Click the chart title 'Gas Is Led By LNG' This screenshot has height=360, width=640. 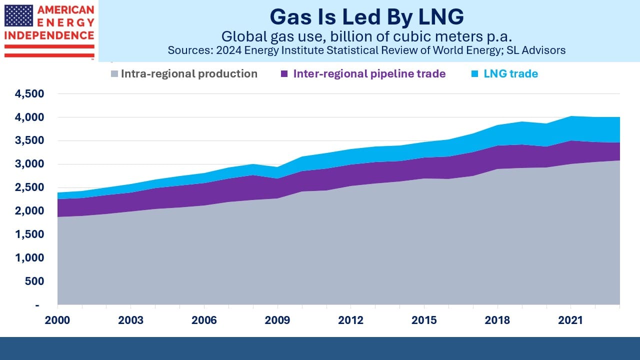point(366,17)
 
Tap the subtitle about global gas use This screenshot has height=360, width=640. point(366,37)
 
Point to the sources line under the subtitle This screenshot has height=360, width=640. point(366,50)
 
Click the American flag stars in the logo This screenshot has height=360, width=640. point(18,15)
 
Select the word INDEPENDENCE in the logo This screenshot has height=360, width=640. point(49,35)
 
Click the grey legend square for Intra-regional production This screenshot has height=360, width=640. point(114,73)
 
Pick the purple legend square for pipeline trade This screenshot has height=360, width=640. point(284,73)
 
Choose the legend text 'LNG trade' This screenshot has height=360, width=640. point(510,73)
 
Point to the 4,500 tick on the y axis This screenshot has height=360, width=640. point(29,93)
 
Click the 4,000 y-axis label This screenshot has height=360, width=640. point(29,117)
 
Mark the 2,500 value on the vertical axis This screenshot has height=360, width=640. point(29,187)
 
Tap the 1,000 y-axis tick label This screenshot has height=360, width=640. point(29,257)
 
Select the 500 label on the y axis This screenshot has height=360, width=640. point(34,281)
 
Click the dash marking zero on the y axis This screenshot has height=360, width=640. point(37,305)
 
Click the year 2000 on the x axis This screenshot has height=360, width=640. point(57,320)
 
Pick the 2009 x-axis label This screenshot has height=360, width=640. point(277,320)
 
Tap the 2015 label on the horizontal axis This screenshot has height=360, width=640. point(424,320)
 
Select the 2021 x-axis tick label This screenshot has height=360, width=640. point(570,320)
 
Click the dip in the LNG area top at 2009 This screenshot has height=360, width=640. point(277,167)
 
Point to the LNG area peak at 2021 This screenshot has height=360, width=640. point(571,116)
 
